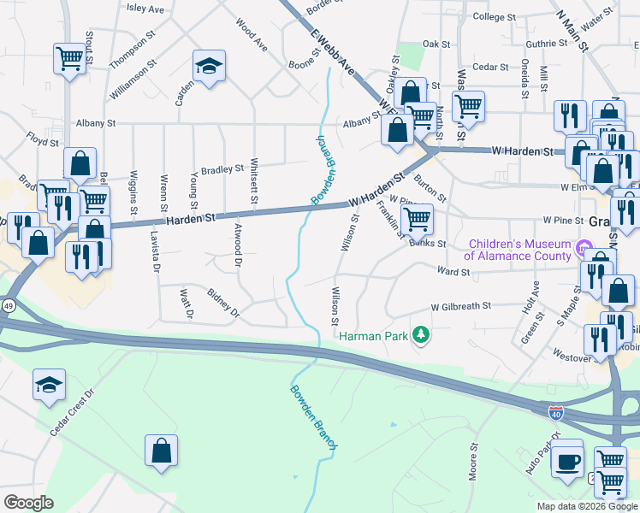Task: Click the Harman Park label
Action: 375,335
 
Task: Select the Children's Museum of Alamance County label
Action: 518,250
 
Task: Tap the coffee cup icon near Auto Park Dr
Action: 566,462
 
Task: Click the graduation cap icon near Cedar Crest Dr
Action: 50,385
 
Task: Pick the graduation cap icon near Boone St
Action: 208,66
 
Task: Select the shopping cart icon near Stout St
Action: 68,58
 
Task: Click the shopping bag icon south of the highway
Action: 161,450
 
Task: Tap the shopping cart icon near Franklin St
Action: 417,218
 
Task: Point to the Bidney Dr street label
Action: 224,304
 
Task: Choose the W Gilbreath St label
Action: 461,305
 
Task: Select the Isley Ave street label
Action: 145,9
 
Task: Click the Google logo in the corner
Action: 28,503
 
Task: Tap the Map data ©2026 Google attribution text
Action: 587,506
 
